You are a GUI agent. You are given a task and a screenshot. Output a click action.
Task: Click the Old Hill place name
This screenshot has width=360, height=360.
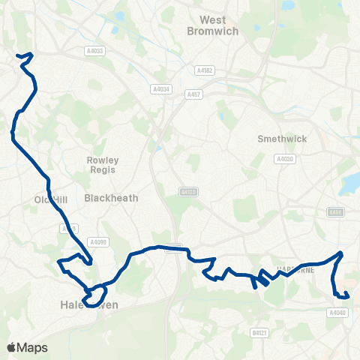pos(51,199)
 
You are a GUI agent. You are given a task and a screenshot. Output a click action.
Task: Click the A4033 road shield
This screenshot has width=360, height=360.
pos(94,51)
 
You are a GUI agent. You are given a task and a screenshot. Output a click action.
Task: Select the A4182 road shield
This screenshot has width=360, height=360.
pos(204,70)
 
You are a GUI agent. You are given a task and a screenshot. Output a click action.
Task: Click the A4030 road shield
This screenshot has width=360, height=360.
pos(284,159)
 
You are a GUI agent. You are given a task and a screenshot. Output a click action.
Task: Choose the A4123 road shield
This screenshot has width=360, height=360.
pos(188,192)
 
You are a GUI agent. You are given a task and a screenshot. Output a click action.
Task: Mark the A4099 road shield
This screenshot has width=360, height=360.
pos(98,241)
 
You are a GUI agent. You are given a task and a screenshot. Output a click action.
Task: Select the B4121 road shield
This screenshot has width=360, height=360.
pos(259,330)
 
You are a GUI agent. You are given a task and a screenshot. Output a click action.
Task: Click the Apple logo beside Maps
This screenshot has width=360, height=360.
pos(11,347)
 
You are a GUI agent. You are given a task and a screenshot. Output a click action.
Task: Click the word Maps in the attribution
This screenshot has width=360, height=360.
pos(32,347)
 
